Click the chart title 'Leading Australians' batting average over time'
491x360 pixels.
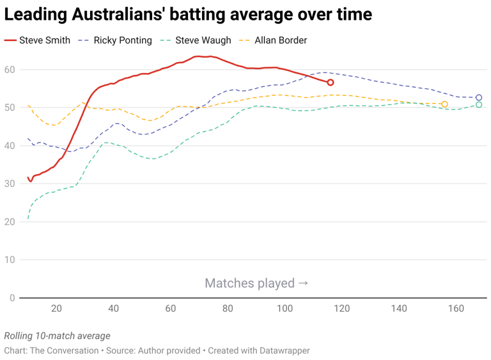188,13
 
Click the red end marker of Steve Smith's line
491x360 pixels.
331,82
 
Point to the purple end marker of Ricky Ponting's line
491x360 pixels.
479,98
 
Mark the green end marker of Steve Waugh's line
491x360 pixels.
479,105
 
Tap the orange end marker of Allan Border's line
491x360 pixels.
444,104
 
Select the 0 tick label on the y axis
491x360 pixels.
12,298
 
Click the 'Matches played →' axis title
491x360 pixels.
257,283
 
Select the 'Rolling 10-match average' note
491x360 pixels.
57,336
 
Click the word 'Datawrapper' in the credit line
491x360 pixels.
284,351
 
